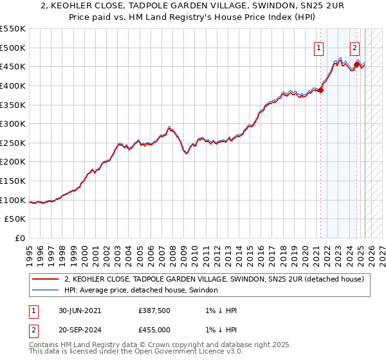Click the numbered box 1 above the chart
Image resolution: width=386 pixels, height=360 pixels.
(x=319, y=47)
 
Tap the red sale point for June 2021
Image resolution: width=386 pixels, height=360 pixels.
(x=321, y=90)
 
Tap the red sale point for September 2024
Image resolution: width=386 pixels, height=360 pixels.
(x=357, y=64)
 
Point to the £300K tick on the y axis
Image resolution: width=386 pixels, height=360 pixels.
(x=14, y=123)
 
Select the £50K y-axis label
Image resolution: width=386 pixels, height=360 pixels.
(x=16, y=219)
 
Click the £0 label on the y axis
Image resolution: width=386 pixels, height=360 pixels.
(x=21, y=239)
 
